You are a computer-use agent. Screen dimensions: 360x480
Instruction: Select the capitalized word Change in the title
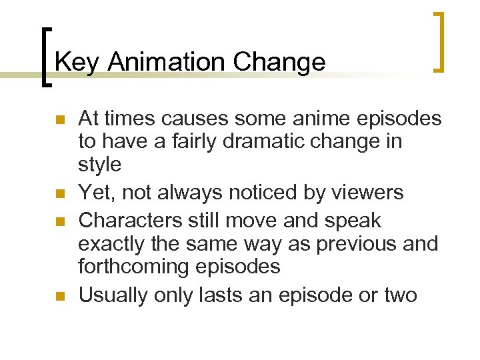point(279,62)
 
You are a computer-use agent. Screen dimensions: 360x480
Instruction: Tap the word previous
point(355,244)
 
